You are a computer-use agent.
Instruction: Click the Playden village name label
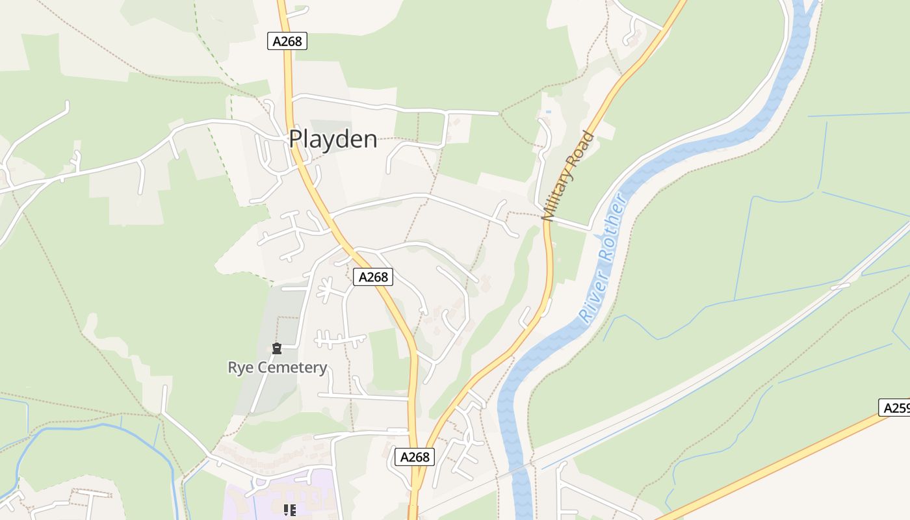tap(333, 139)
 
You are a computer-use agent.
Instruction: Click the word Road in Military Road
tap(581, 148)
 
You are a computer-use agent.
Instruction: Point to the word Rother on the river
tap(614, 228)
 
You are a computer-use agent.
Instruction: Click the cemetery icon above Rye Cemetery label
tap(277, 348)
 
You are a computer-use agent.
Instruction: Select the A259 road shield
tap(896, 408)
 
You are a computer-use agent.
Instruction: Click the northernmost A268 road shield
tap(287, 42)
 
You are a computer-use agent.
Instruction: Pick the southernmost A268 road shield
tap(415, 457)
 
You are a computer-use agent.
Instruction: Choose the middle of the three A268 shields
tap(373, 277)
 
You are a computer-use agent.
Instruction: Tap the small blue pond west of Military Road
tap(549, 112)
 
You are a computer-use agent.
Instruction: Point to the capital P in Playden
tap(296, 139)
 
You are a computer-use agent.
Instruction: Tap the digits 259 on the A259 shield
tap(900, 408)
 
